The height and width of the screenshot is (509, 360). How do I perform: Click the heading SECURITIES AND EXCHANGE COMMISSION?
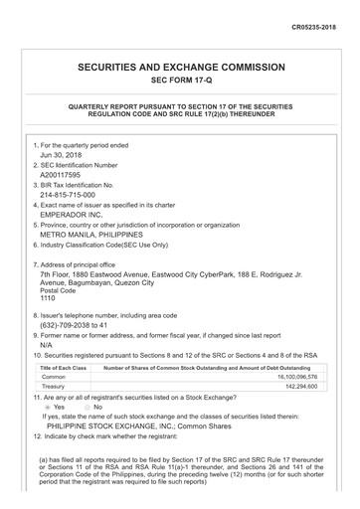(180, 67)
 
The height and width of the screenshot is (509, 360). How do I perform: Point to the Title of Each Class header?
(64, 368)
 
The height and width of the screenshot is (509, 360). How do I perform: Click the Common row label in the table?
(54, 378)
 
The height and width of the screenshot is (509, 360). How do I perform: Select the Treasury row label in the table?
(55, 388)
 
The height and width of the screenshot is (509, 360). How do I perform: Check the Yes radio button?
(48, 408)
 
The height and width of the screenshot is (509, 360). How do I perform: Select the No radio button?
(87, 408)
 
